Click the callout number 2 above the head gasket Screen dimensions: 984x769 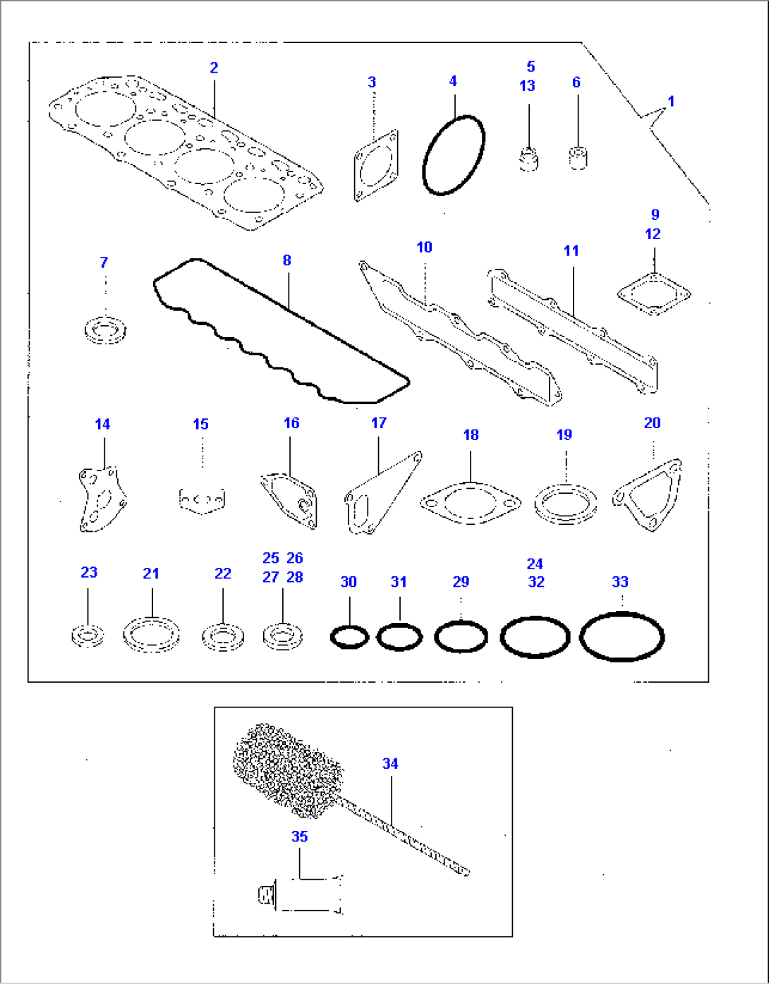coord(214,68)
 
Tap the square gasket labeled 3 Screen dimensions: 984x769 coord(375,166)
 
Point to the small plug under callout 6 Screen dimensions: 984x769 coord(578,157)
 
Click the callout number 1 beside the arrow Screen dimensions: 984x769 coord(671,102)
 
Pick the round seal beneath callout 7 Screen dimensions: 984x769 coord(105,331)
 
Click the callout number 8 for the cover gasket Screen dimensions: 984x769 coord(286,260)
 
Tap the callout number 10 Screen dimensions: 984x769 coord(424,248)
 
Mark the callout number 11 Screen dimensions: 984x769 coord(571,251)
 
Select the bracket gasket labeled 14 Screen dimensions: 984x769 coord(101,498)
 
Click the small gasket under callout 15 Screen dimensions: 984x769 coord(202,500)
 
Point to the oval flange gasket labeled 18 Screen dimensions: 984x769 coord(470,503)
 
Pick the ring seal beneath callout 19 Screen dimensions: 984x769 coord(565,504)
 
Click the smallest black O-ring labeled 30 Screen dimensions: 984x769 coord(349,637)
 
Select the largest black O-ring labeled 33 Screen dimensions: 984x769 coord(622,636)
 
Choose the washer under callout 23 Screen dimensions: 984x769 coord(88,636)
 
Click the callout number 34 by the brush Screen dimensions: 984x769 coord(390,763)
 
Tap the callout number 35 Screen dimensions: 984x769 coord(300,837)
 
